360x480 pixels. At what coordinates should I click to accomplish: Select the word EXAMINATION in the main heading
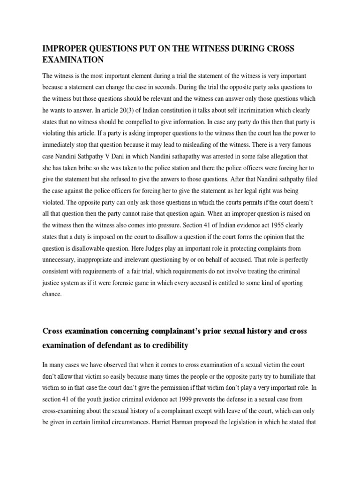point(73,60)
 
